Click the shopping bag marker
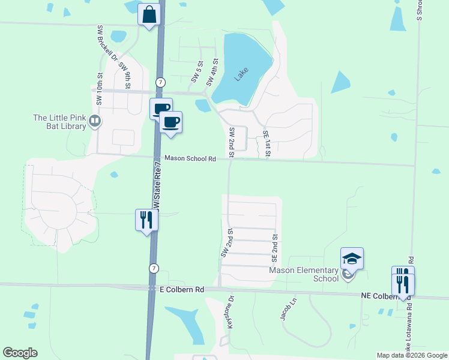[x=149, y=14]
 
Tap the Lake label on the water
[x=241, y=74]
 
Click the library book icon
[x=95, y=122]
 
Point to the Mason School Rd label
[x=190, y=159]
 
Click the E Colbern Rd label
[x=181, y=289]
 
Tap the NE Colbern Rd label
[x=385, y=296]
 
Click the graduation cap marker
[x=352, y=259]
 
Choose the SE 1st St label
[x=267, y=145]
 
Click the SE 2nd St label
[x=274, y=248]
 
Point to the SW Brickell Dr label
[x=106, y=46]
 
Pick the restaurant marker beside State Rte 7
[x=146, y=220]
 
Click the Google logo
[x=20, y=353]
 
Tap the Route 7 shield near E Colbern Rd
[x=154, y=268]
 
